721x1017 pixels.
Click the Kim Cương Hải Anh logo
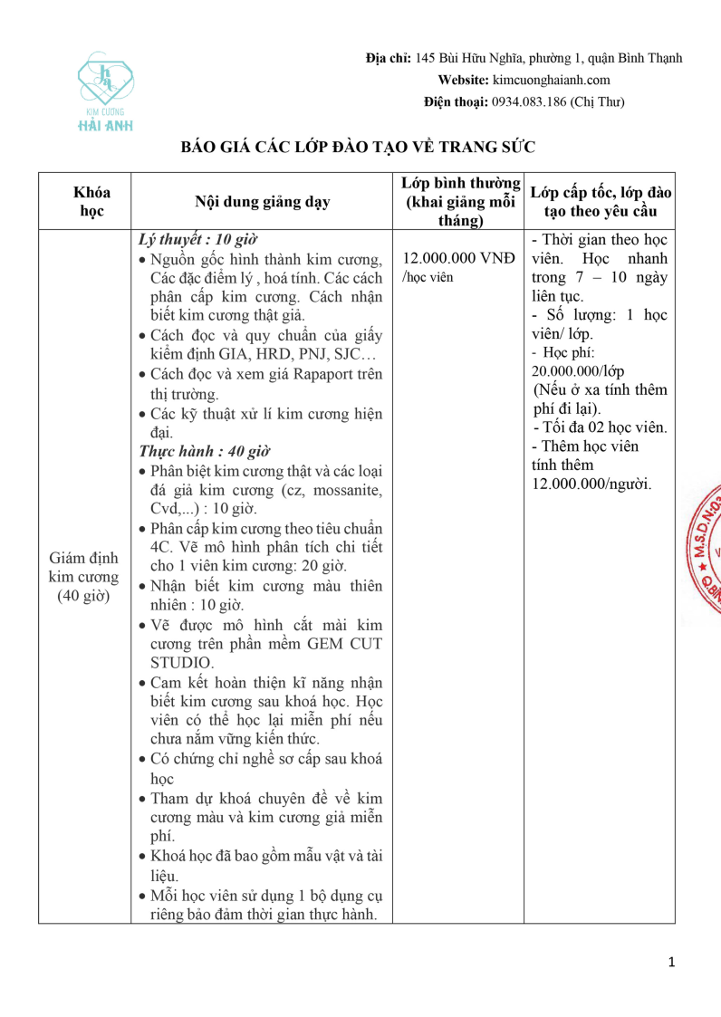point(105,91)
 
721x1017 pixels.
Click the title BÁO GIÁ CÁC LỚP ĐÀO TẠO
point(359,147)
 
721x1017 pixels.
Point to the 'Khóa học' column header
point(91,201)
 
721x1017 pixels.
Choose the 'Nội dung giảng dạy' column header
point(263,202)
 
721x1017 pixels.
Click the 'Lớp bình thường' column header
point(461,201)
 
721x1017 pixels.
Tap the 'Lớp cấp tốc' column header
point(600,201)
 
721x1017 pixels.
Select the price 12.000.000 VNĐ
point(458,257)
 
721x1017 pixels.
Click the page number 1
point(671,962)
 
